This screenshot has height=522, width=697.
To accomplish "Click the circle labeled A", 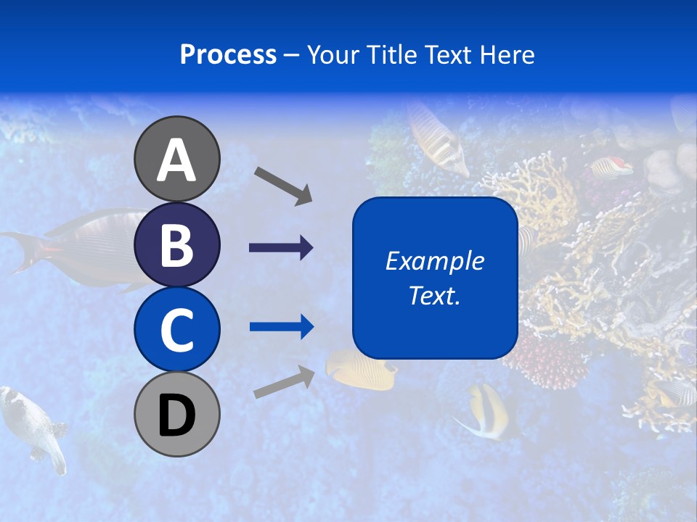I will click(176, 159).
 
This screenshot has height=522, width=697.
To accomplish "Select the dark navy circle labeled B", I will click(176, 244).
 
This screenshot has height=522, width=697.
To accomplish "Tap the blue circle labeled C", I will click(176, 329).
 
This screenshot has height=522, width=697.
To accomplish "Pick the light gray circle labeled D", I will click(176, 414).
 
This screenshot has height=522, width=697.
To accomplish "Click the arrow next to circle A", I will click(283, 185).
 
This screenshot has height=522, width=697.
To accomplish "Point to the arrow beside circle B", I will click(281, 248).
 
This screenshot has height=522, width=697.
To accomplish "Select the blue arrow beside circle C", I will click(281, 327).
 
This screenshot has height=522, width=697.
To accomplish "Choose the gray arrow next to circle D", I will click(284, 381).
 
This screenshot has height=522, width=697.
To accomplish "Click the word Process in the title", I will click(228, 54).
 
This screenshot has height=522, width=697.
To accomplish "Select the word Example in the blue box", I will click(434, 261).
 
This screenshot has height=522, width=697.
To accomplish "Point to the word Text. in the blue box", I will click(434, 295).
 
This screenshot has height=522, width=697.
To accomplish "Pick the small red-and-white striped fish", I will click(611, 167).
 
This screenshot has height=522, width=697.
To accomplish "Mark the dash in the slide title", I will click(292, 55).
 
